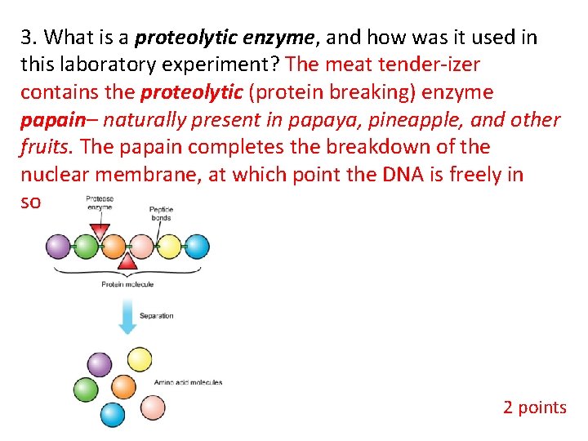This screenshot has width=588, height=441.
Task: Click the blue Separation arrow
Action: click(x=127, y=316)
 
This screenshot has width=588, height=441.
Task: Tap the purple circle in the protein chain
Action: click(x=60, y=247)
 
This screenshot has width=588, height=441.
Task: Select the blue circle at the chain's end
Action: click(x=196, y=247)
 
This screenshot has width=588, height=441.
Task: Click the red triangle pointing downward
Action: click(x=100, y=234)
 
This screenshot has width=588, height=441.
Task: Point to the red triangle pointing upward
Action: click(x=128, y=262)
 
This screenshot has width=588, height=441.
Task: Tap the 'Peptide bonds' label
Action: click(x=161, y=214)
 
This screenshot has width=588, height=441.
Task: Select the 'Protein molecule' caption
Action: click(x=127, y=284)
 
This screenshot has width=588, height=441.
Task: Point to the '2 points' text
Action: click(x=534, y=407)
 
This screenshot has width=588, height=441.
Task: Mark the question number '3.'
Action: click(x=29, y=37)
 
